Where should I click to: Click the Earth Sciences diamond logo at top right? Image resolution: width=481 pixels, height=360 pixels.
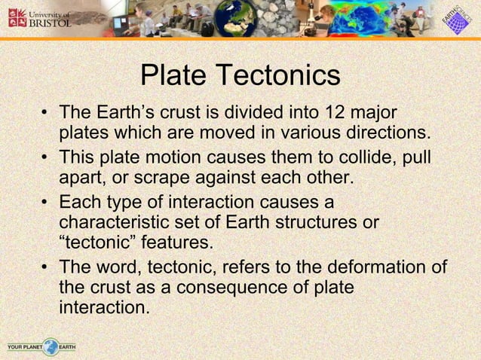pyautogui.click(x=455, y=19)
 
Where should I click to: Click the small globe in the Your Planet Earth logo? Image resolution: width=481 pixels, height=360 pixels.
pyautogui.click(x=50, y=347)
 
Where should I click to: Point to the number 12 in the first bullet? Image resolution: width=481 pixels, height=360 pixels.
pyautogui.click(x=335, y=113)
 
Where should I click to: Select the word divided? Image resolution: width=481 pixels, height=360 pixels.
pyautogui.click(x=250, y=113)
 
